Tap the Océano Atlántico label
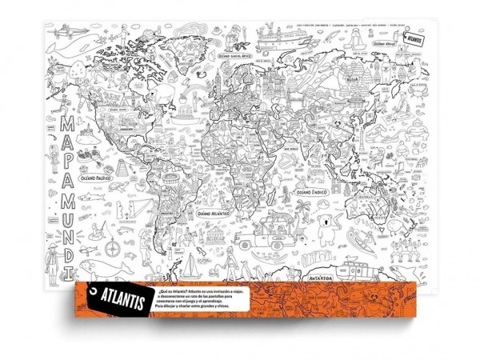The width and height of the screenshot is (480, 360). tap(210, 214)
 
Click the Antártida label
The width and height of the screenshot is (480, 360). tap(320, 276)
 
